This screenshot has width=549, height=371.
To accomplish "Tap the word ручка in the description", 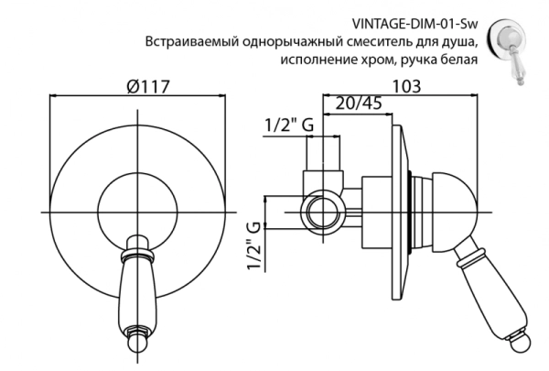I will click(416, 60).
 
